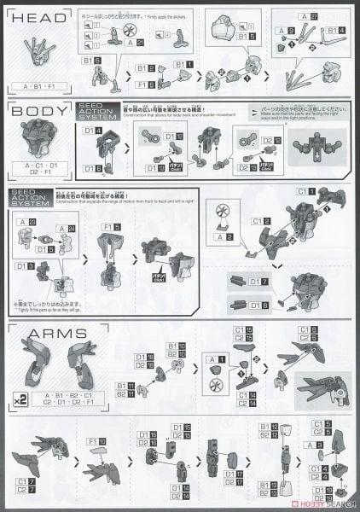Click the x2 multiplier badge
(18, 397)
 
